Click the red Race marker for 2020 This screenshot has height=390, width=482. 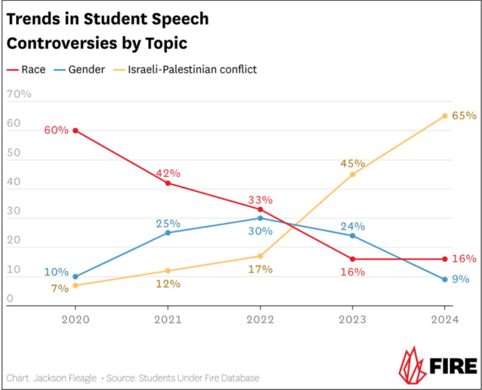[75, 131]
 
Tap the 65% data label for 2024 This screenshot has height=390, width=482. [464, 116]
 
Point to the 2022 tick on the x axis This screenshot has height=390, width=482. [260, 319]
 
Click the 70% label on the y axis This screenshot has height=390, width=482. [19, 94]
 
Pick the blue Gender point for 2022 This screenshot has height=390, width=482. [260, 218]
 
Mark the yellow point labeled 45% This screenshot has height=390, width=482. [352, 174]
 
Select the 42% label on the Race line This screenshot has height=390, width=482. [168, 173]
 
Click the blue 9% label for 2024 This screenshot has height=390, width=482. [461, 279]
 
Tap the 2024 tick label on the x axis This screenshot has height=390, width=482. [444, 319]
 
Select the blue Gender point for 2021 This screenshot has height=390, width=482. [168, 232]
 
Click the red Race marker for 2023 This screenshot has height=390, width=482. [352, 259]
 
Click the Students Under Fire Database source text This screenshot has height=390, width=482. [197, 378]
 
